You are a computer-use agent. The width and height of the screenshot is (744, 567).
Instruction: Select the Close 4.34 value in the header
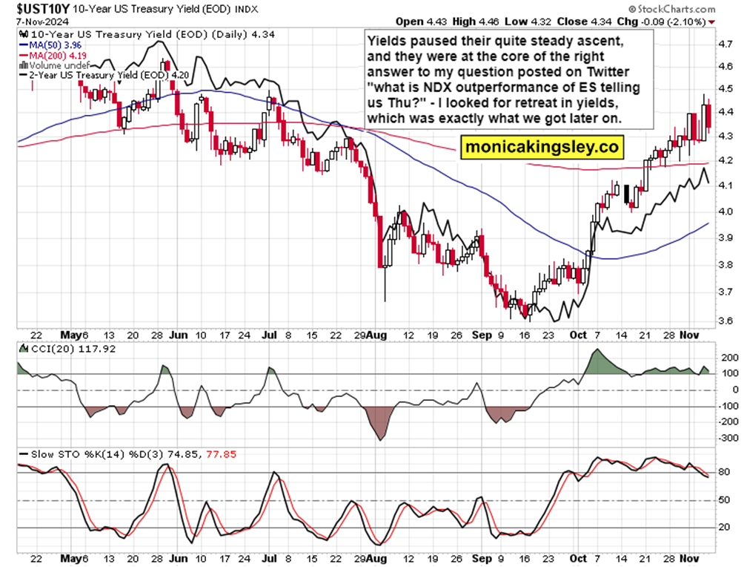click(620, 21)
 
